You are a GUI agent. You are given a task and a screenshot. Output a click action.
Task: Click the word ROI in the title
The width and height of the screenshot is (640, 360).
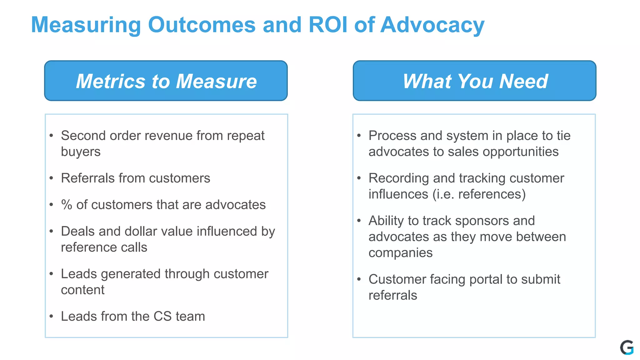coord(327,25)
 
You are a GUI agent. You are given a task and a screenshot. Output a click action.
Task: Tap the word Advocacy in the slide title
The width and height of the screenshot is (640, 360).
coord(432,25)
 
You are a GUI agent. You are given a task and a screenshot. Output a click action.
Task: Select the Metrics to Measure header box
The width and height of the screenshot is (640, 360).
coord(166,81)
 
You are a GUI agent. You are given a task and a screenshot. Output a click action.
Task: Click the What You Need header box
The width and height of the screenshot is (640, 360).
coord(474,81)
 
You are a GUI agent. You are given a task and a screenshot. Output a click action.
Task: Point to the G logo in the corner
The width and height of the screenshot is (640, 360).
coord(627,347)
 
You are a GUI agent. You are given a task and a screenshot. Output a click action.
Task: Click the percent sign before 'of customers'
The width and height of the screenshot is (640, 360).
coord(67,205)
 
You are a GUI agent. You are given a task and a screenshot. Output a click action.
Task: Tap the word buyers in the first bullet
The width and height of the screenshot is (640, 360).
coord(81,152)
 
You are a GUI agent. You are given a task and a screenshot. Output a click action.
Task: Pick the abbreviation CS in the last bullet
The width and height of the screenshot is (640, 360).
coord(162,316)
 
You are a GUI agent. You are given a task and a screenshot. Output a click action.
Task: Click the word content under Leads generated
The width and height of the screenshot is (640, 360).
coord(82,290)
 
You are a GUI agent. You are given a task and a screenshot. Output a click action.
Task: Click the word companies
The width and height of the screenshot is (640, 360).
coord(400,253)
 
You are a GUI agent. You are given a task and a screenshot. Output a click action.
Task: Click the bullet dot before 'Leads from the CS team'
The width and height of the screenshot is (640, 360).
coord(52,316)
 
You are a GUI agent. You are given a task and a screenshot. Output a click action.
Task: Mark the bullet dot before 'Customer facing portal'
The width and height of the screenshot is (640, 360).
coord(359,279)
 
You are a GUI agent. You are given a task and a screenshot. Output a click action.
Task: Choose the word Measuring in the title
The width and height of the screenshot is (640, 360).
coord(86,25)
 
